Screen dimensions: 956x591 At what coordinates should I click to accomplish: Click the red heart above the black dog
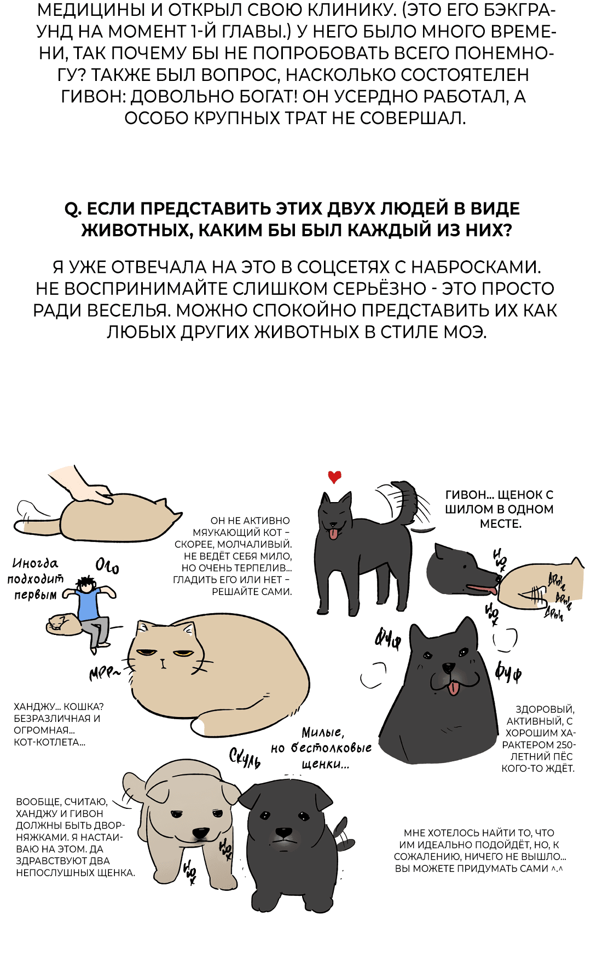[x=334, y=476]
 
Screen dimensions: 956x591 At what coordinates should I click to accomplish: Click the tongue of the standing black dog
[x=333, y=533]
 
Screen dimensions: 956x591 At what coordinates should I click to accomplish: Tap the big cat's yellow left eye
[x=146, y=652]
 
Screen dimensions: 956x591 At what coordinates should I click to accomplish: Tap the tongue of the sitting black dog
[x=454, y=688]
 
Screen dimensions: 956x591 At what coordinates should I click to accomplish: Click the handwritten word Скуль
[x=244, y=757]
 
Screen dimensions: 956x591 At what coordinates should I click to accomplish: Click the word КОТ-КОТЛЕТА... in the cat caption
[x=49, y=742]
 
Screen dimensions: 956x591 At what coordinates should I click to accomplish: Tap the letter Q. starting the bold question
[x=73, y=209]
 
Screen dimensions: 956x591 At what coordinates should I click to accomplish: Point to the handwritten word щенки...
[x=325, y=764]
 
